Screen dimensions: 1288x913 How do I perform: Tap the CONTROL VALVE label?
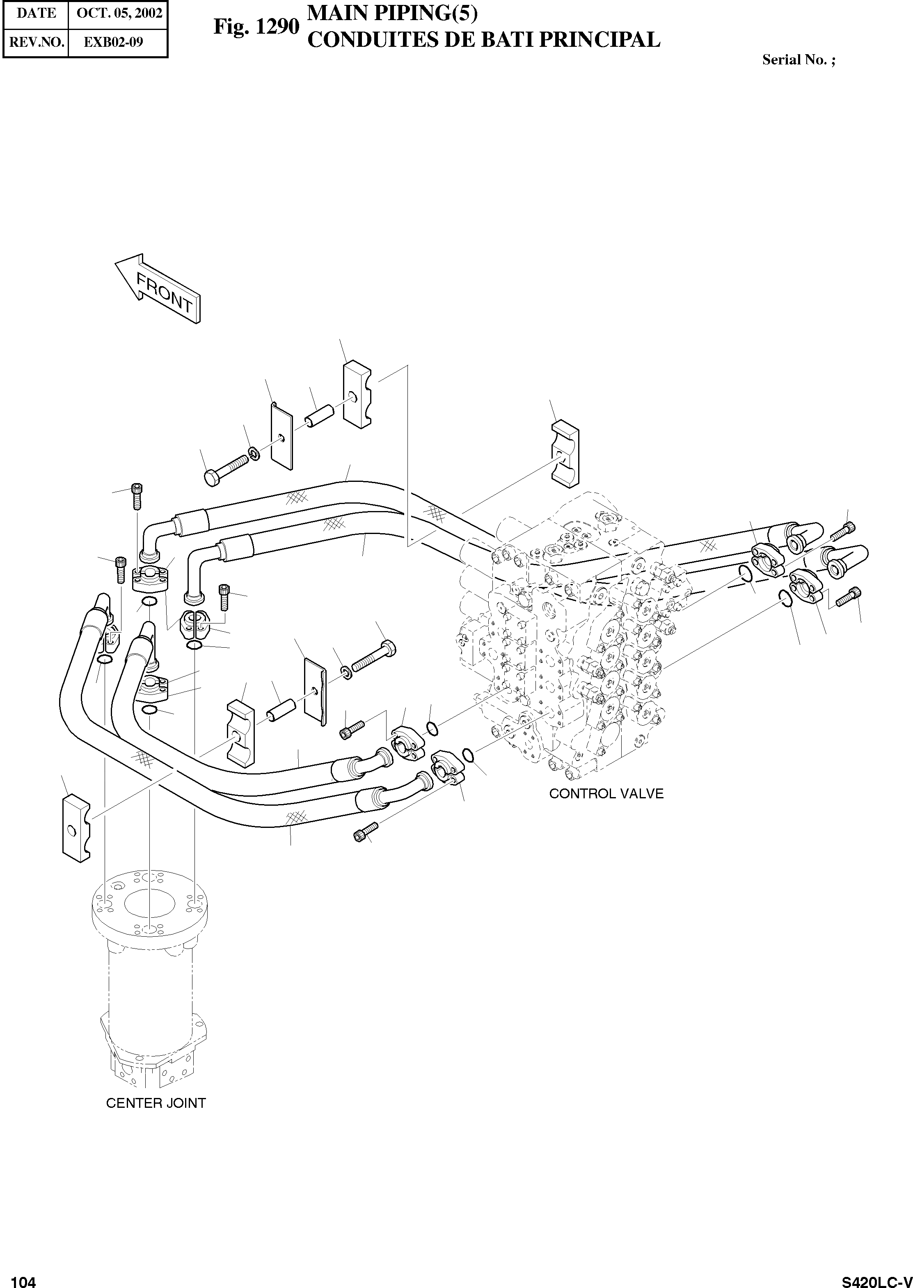pos(606,794)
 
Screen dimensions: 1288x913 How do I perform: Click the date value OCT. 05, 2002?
pos(119,14)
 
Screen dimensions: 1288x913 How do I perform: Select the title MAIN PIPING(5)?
pos(392,14)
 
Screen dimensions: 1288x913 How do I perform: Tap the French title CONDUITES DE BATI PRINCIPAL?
pos(483,40)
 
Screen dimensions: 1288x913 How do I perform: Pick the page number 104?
pos(24,1277)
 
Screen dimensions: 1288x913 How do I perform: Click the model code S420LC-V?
pos(876,1277)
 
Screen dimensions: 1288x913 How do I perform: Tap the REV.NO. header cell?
pos(36,42)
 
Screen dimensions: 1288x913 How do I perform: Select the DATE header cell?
pos(36,14)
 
